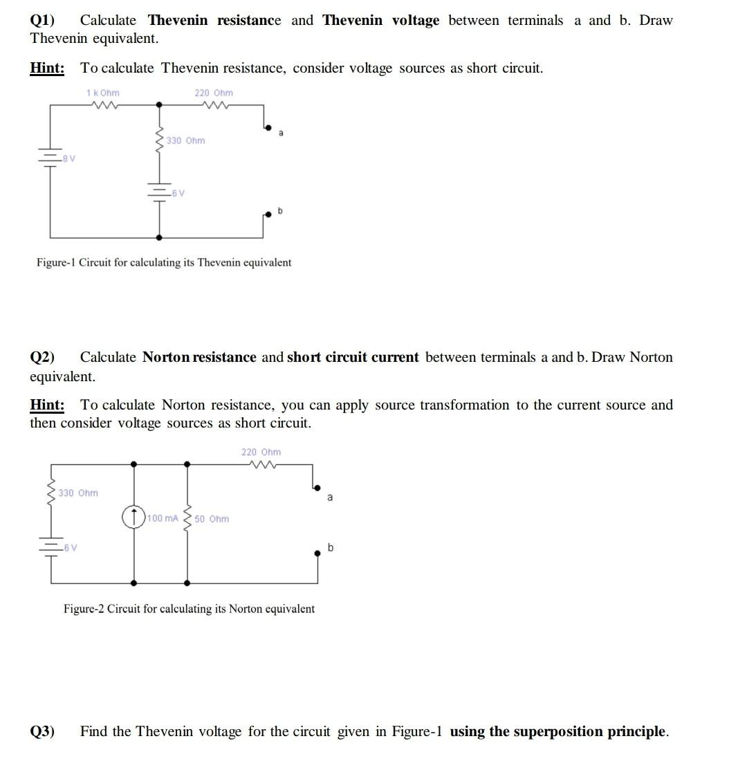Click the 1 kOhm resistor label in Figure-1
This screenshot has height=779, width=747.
[x=102, y=93]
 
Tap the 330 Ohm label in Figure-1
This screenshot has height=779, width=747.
[x=185, y=140]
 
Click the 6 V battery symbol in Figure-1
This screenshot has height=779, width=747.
[x=160, y=192]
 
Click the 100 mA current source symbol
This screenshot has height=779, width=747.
[x=133, y=517]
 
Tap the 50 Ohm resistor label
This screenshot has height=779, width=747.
[x=212, y=519]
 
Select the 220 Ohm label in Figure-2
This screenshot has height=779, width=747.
[x=261, y=452]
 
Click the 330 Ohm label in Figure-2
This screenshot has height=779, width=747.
[x=78, y=493]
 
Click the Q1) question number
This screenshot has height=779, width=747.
[x=43, y=21]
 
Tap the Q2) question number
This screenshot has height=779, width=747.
[x=43, y=357]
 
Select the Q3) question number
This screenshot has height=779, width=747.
[x=43, y=731]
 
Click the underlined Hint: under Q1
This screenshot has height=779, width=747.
[x=47, y=68]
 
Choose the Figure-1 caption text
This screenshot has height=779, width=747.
[x=164, y=262]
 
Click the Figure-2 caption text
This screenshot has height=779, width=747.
[x=189, y=609]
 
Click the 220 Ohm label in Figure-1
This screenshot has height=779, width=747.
[x=214, y=93]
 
